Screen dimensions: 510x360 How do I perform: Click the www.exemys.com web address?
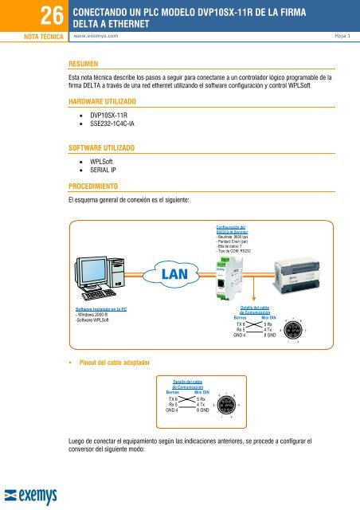click(x=100, y=37)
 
